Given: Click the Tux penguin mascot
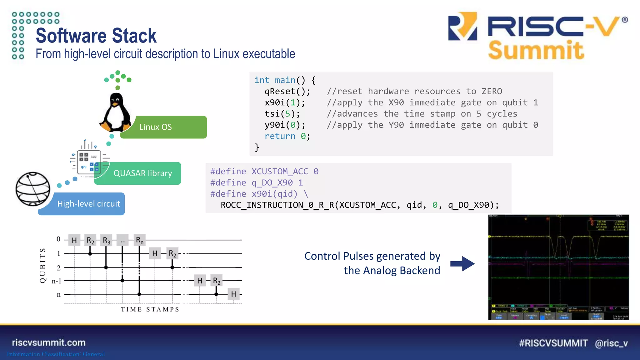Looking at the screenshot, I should pos(115,113).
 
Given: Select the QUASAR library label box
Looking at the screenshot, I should pos(142,173).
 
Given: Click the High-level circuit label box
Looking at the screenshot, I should pos(88,204).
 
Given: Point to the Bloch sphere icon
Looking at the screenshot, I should pos(33,189).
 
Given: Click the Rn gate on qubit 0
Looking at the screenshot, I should pos(139,240).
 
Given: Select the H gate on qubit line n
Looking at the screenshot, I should pos(233,294).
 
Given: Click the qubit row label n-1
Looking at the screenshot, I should pos(56,281).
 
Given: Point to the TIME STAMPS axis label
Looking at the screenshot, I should pos(150,309).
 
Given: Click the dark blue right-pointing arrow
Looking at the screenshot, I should pos(462,264).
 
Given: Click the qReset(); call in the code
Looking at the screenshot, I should pos(287,91).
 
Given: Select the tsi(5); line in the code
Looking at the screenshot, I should pos(282,114).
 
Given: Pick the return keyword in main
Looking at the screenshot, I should pos(280,136).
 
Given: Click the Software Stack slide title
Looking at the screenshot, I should pos(96,36).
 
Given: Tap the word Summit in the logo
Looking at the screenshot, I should pos(536,50).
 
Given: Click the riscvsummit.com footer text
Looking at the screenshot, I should pos(49,342).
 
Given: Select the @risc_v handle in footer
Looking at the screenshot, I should pos(611,343).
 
